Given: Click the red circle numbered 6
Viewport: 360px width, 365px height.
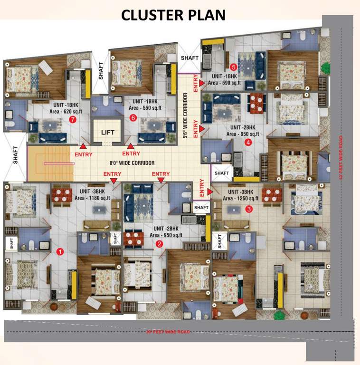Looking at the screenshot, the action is tap(133, 117).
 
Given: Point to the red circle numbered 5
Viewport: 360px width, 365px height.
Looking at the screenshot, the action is tap(233, 67).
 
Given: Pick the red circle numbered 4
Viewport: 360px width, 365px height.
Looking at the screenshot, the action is tap(248, 142).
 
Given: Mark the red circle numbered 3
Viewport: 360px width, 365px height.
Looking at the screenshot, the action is tap(249, 208).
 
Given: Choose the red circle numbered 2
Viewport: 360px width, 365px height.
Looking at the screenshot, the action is tap(160, 244).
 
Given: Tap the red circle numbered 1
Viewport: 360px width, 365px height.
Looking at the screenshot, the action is tap(60, 251).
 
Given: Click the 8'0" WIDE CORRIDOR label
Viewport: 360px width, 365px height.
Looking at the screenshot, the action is tap(132, 163).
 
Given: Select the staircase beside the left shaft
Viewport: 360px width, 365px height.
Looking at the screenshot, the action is tap(50, 163).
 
